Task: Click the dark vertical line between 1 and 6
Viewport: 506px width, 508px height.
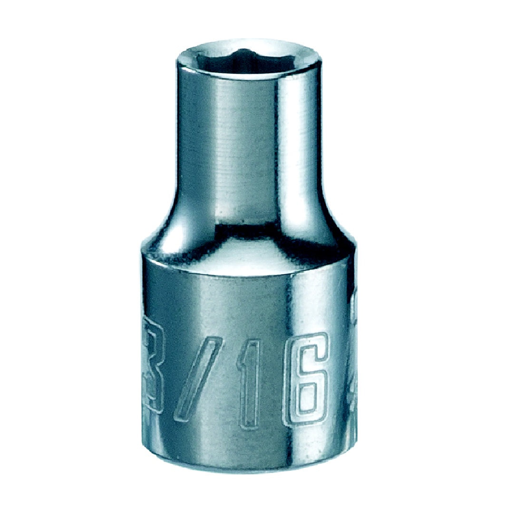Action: pyautogui.click(x=278, y=381)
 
